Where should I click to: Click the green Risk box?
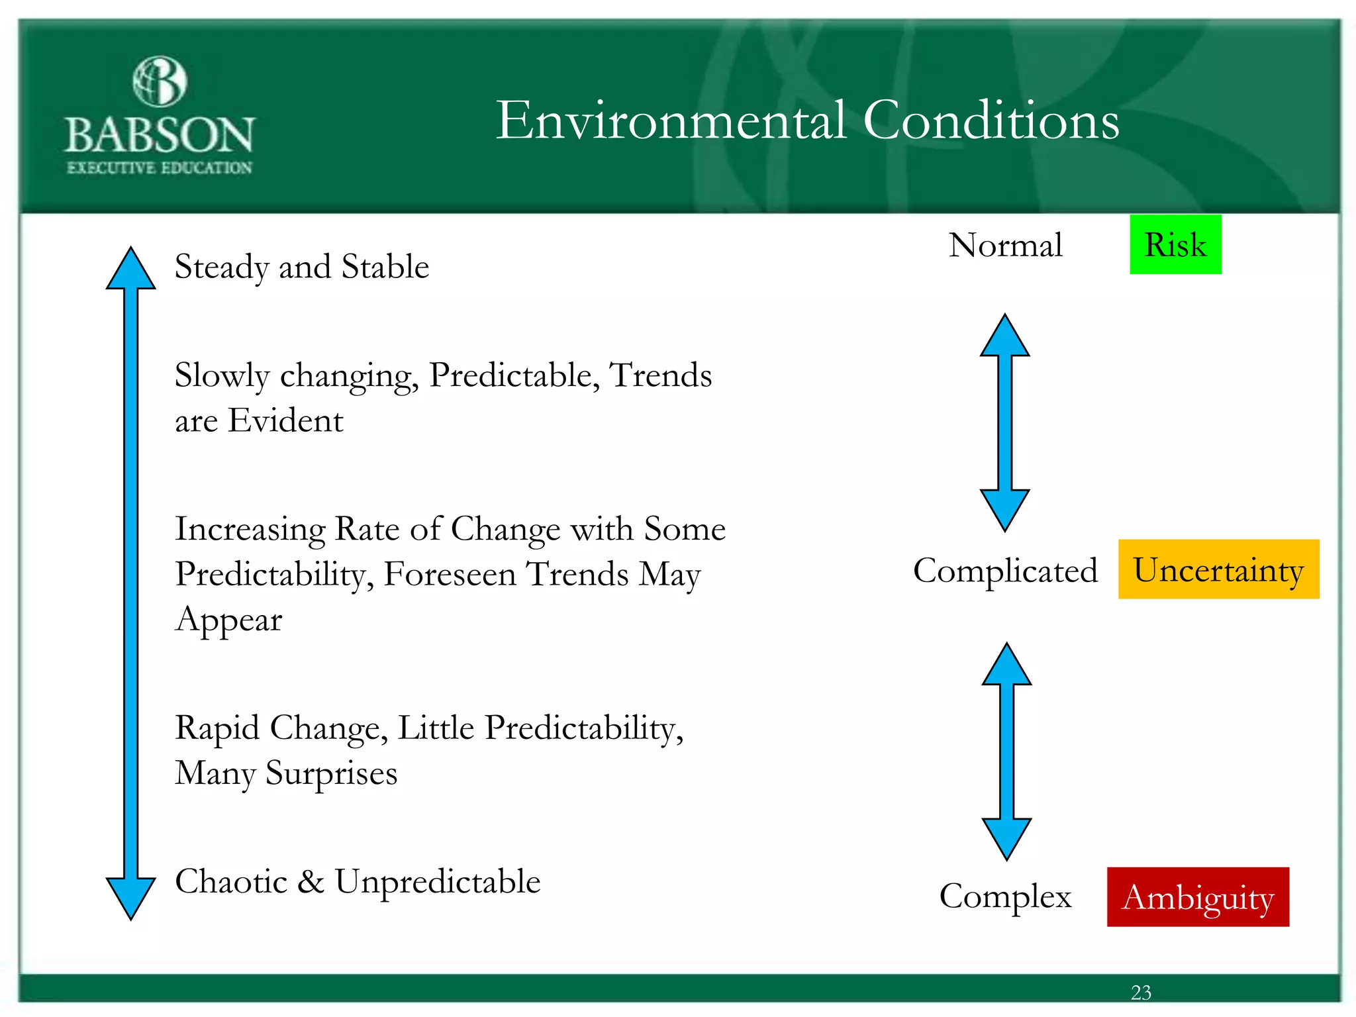1175,244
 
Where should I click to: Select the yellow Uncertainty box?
1218,569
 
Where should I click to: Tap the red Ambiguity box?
1198,896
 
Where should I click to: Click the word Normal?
1005,245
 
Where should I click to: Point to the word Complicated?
1005,570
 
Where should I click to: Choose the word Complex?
1005,896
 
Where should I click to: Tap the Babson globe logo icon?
160,81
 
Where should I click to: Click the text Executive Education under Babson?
160,168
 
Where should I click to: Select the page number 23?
1141,992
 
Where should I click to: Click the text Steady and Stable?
302,267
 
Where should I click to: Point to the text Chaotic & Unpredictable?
358,881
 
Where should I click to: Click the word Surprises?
331,773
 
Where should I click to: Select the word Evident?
285,420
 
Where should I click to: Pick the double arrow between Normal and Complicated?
1004,422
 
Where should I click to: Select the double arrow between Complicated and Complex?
1006,751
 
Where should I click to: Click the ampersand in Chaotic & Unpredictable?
311,882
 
